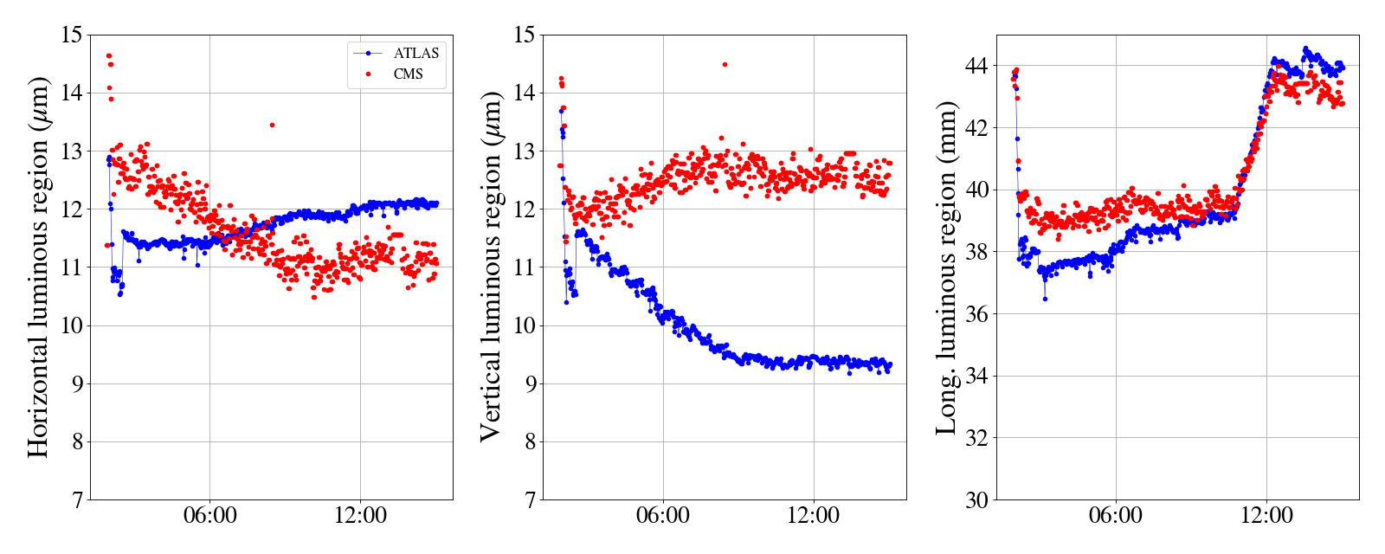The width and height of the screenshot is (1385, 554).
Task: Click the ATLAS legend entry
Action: click(416, 53)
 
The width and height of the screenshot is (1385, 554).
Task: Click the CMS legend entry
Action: click(408, 74)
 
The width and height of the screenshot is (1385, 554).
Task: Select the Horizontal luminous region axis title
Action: click(38, 267)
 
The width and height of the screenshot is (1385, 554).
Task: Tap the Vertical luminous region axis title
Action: click(491, 267)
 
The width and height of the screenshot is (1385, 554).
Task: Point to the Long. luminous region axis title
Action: click(946, 267)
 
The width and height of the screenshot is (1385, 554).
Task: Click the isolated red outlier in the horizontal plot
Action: click(272, 125)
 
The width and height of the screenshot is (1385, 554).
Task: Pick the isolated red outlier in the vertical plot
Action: click(725, 64)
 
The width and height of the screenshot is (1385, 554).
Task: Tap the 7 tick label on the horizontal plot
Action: click(76, 500)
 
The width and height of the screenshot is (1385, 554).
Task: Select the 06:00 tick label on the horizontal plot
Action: click(210, 516)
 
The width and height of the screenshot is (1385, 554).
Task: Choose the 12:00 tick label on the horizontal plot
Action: click(361, 516)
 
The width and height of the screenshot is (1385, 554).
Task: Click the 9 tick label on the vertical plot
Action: click(529, 384)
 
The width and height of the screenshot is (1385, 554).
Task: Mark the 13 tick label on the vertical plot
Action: click(524, 151)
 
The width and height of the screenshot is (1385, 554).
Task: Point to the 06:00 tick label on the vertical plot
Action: click(663, 516)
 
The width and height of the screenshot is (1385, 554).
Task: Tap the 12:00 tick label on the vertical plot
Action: click(814, 516)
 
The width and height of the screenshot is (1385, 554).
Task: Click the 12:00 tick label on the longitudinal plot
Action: click(1266, 516)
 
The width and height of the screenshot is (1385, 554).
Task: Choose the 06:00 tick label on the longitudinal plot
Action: click(1116, 516)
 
